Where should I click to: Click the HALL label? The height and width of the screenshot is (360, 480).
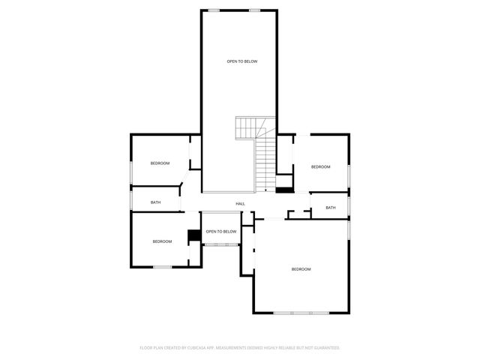coord(240,204)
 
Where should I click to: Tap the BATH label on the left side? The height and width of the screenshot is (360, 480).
coord(155,202)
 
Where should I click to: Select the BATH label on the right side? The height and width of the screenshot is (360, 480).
coord(331,208)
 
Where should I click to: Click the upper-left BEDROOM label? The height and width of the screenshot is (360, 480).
coord(160,163)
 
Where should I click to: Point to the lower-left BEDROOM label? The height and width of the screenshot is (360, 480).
coord(162,241)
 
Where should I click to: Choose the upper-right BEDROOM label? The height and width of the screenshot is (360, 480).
coord(321,166)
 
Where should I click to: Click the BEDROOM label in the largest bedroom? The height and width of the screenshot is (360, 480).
coord(301,269)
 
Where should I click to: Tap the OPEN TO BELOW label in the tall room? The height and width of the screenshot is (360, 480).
coord(242,61)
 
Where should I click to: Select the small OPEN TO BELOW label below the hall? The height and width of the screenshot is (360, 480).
coord(221,232)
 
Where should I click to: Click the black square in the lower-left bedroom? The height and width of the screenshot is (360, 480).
coord(193,235)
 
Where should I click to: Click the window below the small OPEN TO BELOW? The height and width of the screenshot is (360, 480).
coord(221,244)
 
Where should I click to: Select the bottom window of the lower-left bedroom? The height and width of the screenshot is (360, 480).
coord(163,267)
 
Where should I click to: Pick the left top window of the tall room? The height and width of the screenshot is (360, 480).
coord(214,10)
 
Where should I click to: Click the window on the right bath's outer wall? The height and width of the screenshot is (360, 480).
coord(349,205)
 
